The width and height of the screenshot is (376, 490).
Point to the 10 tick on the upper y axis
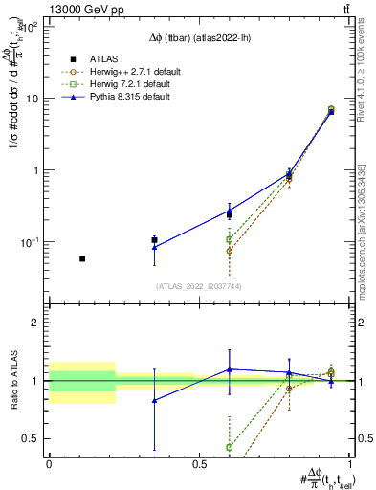[x=35, y=99]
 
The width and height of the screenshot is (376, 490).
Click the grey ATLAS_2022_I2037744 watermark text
[x=199, y=285]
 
